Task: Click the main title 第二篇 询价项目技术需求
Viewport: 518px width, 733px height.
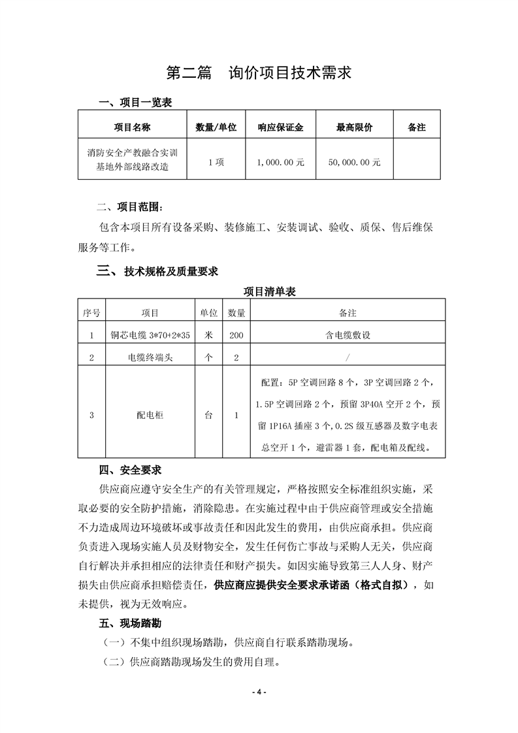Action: (259, 73)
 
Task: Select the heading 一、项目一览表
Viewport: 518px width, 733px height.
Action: (135, 103)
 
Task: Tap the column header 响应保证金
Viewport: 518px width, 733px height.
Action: (281, 128)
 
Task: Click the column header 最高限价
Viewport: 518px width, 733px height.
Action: (354, 128)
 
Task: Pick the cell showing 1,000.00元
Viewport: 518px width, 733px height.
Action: (281, 162)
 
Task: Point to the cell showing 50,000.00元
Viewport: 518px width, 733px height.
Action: (354, 162)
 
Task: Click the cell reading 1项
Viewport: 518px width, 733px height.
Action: (216, 162)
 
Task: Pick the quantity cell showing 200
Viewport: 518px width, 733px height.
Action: (236, 335)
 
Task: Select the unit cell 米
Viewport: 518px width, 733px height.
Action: (209, 335)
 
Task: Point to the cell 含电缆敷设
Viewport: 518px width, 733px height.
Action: (348, 335)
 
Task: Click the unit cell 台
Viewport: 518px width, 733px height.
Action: (209, 414)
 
